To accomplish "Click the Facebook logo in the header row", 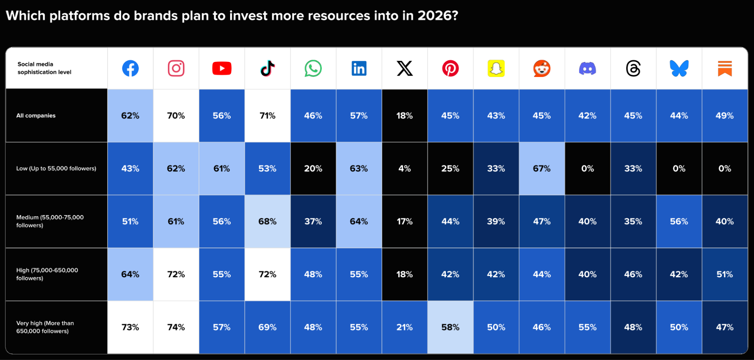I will pos(130,68).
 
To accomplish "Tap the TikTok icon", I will pos(267,68).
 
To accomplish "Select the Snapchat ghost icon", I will pos(496,68).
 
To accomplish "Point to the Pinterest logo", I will pos(450,68).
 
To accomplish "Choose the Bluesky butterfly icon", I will pos(679,68).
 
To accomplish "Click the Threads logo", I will pos(633,68).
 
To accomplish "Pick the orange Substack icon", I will pos(725,68).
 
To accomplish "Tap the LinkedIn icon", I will pos(359,68).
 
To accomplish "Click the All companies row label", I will pos(36,115).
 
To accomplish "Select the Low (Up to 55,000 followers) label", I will pos(56,168).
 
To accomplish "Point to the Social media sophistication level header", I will pos(44,68).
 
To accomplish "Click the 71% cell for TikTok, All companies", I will pos(267,115).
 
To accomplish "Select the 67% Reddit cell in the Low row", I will pos(542,168).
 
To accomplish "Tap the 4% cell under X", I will pos(404,168).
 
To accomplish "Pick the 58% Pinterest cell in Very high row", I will pos(450,327).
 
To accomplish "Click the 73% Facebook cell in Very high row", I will pos(130,327).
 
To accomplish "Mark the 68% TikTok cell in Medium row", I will pos(267,222).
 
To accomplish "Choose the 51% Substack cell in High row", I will pos(725,274).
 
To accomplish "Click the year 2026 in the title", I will pos(434,16).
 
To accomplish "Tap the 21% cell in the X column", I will pos(404,327).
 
